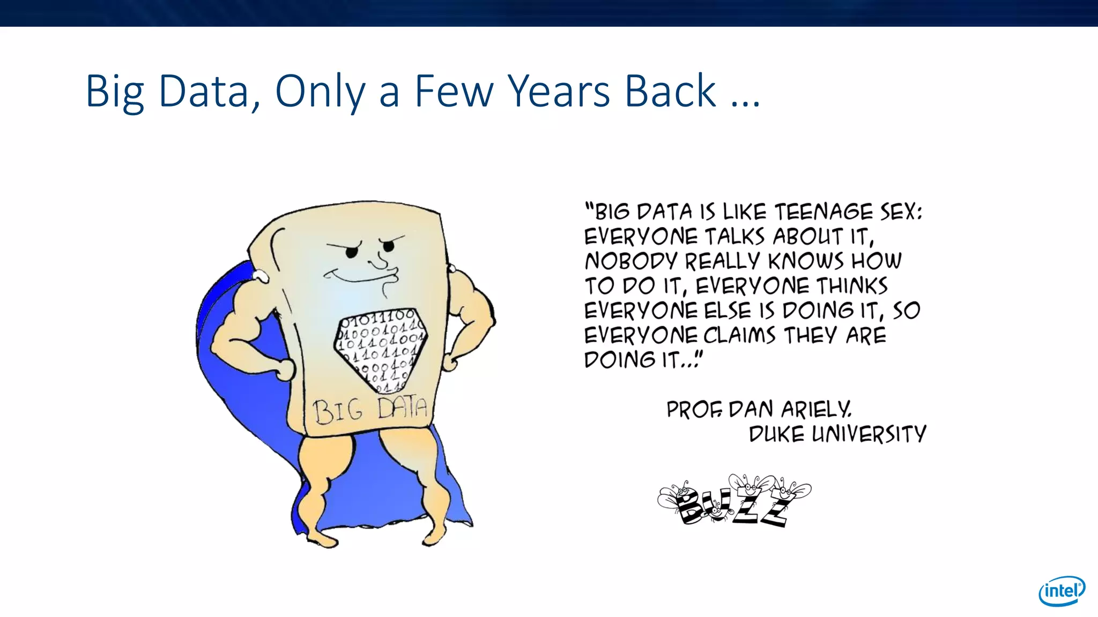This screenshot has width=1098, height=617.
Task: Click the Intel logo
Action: [1062, 591]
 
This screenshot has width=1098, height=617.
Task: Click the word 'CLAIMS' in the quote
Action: [739, 336]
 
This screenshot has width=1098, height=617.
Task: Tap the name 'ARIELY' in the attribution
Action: [815, 410]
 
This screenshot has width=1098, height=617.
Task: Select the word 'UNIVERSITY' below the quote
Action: [869, 434]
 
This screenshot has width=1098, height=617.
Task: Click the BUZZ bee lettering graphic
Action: [735, 501]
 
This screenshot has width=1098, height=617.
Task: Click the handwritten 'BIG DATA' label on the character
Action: [370, 410]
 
